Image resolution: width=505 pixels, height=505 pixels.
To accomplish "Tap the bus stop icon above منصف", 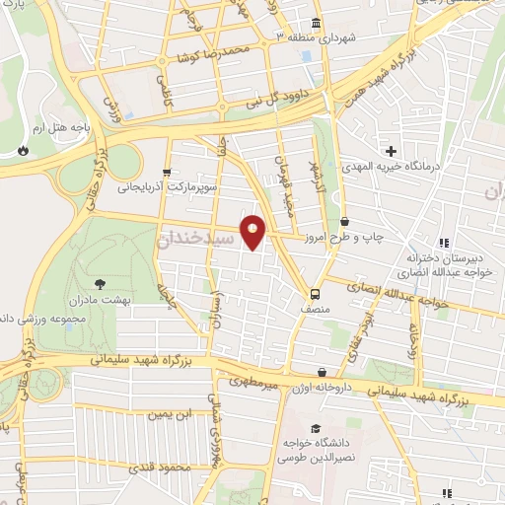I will (x=315, y=293).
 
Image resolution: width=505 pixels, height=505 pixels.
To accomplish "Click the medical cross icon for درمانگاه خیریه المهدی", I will (x=392, y=151).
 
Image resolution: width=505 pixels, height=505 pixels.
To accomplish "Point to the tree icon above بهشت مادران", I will (x=103, y=282).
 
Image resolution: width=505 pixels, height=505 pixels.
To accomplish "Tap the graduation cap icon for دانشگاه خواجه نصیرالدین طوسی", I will (x=315, y=429).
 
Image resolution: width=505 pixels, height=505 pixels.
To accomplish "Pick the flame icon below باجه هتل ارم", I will (x=22, y=151).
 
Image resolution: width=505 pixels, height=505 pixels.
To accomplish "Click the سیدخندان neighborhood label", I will (x=196, y=240).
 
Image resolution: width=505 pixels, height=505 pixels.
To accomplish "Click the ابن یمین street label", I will (x=170, y=414).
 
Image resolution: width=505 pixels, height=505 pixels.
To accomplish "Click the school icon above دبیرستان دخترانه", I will (x=443, y=243).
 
